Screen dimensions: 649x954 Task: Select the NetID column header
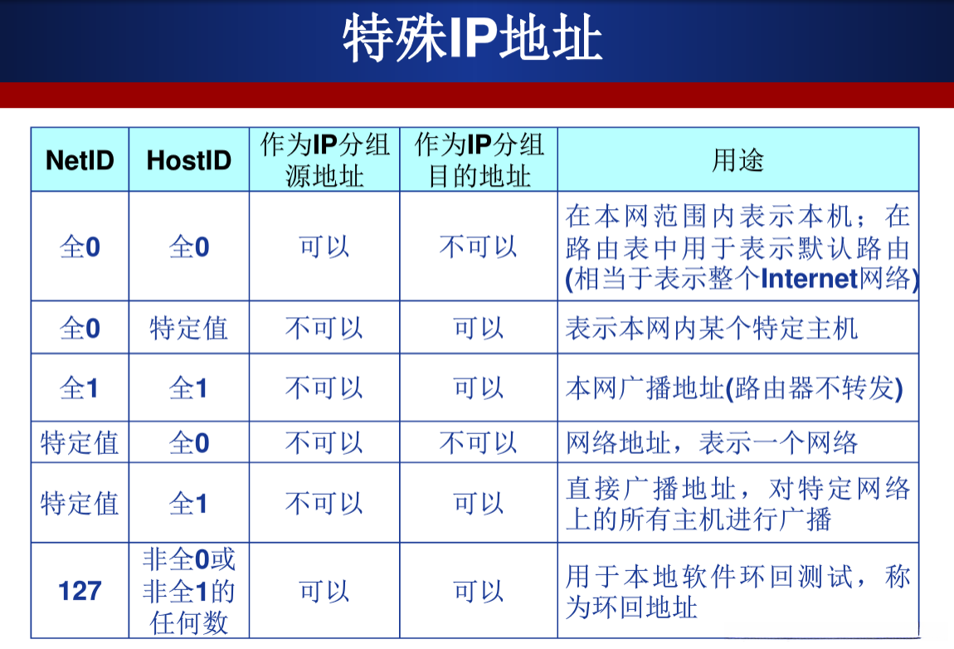[x=80, y=160]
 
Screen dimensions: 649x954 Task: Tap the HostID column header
[x=188, y=160]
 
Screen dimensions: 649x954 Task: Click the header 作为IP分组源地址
[x=324, y=160]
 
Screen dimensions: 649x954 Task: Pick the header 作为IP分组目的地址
[x=479, y=160]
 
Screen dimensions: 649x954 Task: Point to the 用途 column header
[x=737, y=160]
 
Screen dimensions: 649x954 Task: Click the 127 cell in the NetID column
[x=80, y=592]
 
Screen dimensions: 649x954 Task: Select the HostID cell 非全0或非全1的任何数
[x=188, y=591]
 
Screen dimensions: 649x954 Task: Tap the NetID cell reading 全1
[x=80, y=388]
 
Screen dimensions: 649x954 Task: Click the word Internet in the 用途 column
[x=808, y=280]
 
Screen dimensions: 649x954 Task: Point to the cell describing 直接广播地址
[x=737, y=503]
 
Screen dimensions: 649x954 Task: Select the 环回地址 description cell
[x=737, y=592]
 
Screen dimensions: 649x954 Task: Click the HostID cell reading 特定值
[x=188, y=328]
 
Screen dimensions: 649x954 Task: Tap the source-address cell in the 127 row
[x=324, y=592]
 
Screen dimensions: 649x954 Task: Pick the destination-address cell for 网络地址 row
[x=479, y=442]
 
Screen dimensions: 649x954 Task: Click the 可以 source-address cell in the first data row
[x=324, y=246]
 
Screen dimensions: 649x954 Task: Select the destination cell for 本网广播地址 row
[x=479, y=388]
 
